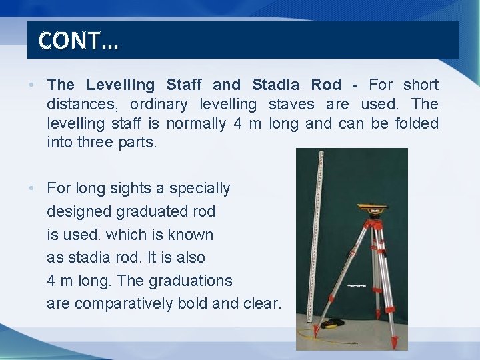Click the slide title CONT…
[x=78, y=41]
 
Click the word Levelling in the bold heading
[x=120, y=85]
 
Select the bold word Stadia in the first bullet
[x=277, y=85]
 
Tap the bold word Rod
[x=326, y=85]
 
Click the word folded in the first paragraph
[x=413, y=123]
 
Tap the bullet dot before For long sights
[x=32, y=189]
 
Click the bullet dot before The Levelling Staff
[x=32, y=85]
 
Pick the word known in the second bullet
[x=191, y=235]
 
